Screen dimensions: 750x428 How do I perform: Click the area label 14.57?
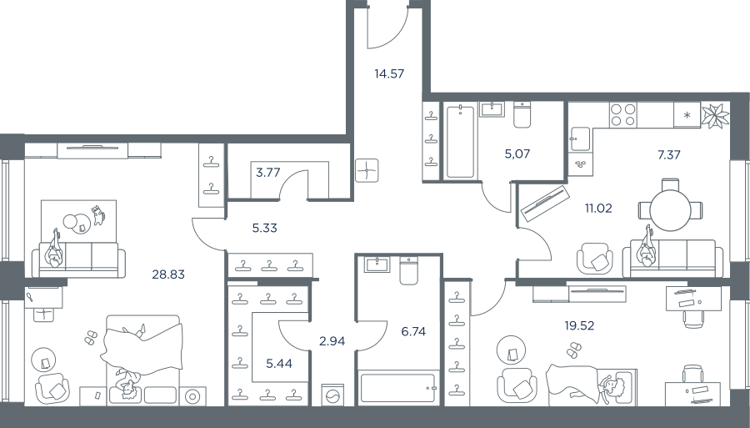click(x=389, y=73)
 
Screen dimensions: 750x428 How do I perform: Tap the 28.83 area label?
click(x=168, y=274)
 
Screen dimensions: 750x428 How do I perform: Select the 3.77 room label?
click(x=267, y=173)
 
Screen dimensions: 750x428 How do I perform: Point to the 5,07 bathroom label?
click(x=517, y=154)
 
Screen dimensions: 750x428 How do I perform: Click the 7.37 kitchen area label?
click(x=668, y=154)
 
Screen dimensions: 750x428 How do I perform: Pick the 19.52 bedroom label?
click(x=579, y=326)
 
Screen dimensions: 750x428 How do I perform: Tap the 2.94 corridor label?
click(x=332, y=341)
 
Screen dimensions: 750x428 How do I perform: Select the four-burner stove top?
click(x=623, y=115)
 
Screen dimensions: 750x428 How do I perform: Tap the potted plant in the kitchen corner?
click(x=716, y=116)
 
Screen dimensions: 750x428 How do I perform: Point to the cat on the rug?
click(x=98, y=215)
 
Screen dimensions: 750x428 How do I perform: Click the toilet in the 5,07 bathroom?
click(x=522, y=114)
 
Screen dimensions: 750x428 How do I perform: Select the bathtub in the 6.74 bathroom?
click(x=398, y=388)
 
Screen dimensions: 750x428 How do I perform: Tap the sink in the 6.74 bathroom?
click(x=377, y=264)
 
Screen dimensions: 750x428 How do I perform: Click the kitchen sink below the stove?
click(x=580, y=139)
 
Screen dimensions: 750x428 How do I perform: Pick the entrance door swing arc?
click(x=393, y=36)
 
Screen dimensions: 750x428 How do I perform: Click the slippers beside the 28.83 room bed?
click(x=90, y=338)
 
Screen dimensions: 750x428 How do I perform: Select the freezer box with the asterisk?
click(x=687, y=115)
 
